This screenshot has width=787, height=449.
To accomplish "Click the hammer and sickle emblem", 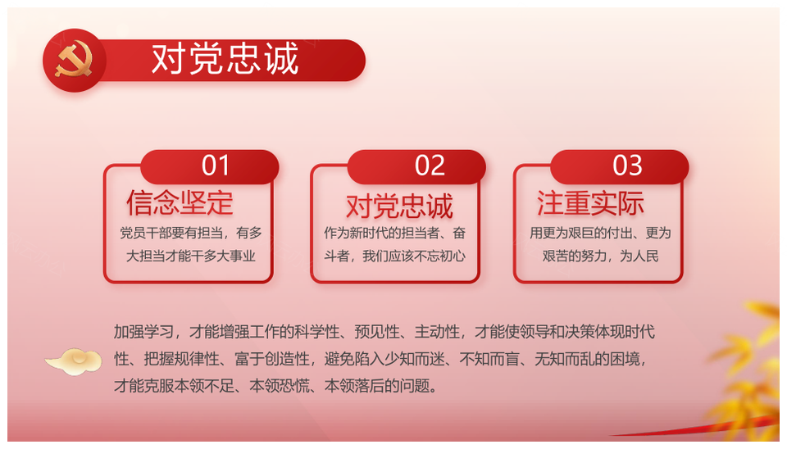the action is pos(74,60).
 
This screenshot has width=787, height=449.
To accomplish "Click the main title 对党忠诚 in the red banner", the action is pos(225,60).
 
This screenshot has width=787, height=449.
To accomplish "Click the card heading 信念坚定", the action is pos(180,203).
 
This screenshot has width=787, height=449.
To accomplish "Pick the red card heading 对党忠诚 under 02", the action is pos(399,206).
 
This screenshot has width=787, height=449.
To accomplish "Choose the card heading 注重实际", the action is pos(590,203).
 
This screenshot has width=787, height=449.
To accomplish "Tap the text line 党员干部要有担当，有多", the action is pos(191,234).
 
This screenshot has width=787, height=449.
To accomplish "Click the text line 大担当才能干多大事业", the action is pos(191,256).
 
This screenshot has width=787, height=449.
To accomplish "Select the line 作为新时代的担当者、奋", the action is pos(395,234).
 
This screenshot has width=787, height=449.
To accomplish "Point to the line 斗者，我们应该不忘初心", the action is pos(395,256).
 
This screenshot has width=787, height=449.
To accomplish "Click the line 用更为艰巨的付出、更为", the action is pos(600,234).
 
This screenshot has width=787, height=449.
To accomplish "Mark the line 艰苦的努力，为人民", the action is pos(600,256).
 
